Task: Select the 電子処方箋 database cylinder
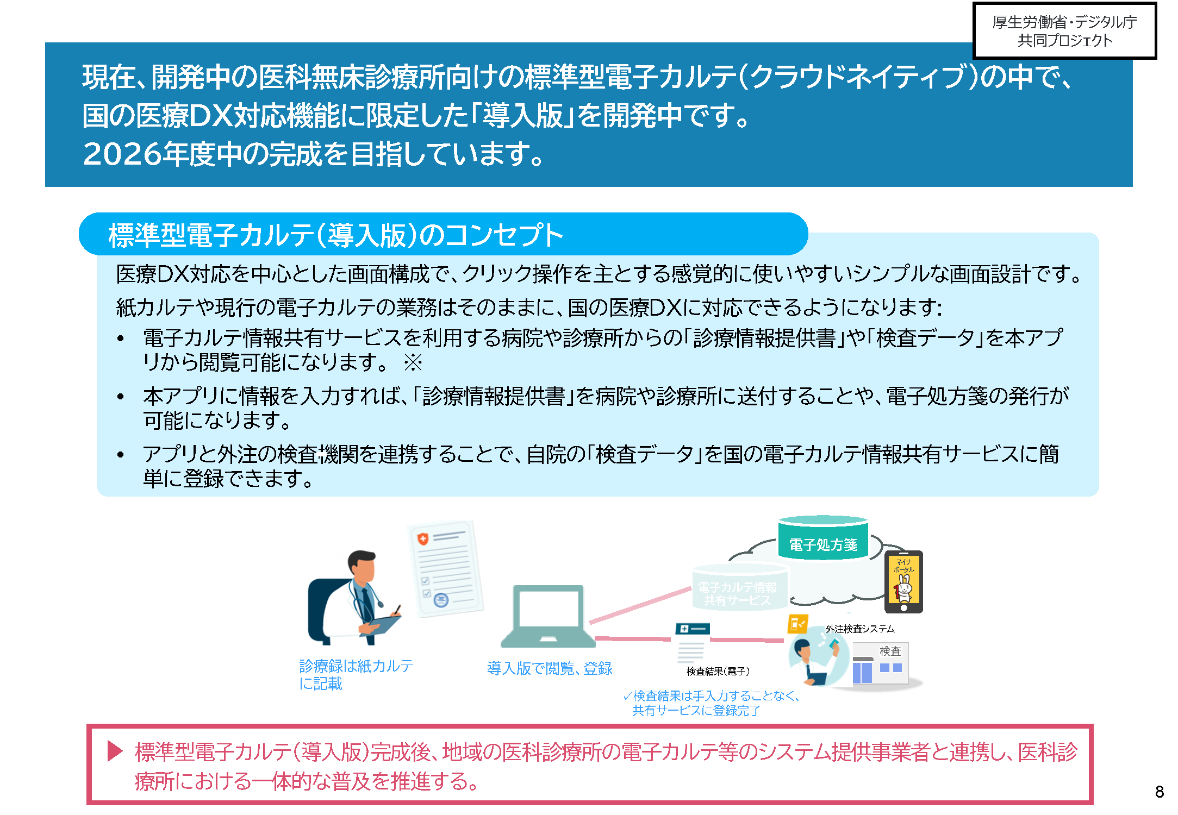pos(822,538)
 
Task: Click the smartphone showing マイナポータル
pos(903,581)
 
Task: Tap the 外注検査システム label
pos(860,629)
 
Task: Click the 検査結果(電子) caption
pos(718,671)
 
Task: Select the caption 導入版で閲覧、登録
pos(550,668)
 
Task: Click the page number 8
pos(1160,791)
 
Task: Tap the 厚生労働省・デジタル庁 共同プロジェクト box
pos(1064,31)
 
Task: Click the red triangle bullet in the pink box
pos(115,751)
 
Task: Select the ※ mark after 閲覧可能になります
pos(413,362)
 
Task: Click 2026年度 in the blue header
pos(150,154)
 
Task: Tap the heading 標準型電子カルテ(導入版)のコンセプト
pos(335,235)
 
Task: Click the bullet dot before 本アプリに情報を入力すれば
pos(121,397)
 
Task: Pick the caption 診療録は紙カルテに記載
pos(356,674)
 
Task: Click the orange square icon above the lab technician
pos(797,624)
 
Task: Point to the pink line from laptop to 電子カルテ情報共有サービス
pos(640,605)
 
